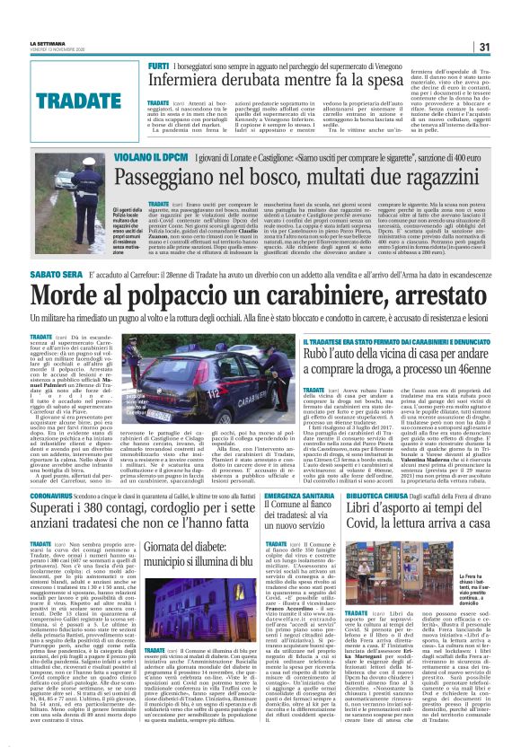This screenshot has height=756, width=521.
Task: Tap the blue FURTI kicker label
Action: click(x=161, y=68)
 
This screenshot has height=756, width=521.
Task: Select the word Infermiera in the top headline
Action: click(x=200, y=84)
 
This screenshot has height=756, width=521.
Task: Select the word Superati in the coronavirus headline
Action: click(x=71, y=512)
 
